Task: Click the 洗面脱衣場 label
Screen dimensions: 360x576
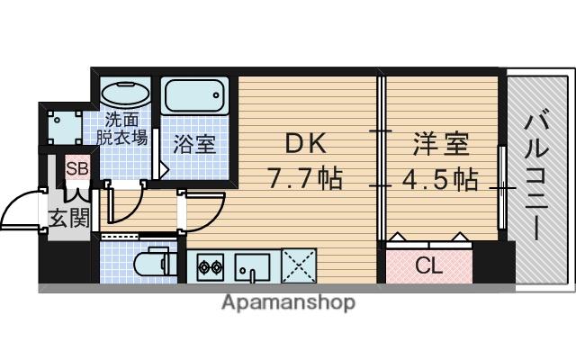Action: click(x=123, y=128)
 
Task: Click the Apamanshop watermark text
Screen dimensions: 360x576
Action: click(x=288, y=303)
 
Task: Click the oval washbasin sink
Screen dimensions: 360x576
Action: click(x=126, y=94)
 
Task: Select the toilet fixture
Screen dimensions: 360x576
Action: click(x=150, y=264)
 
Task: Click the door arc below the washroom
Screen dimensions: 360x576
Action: click(x=126, y=200)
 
